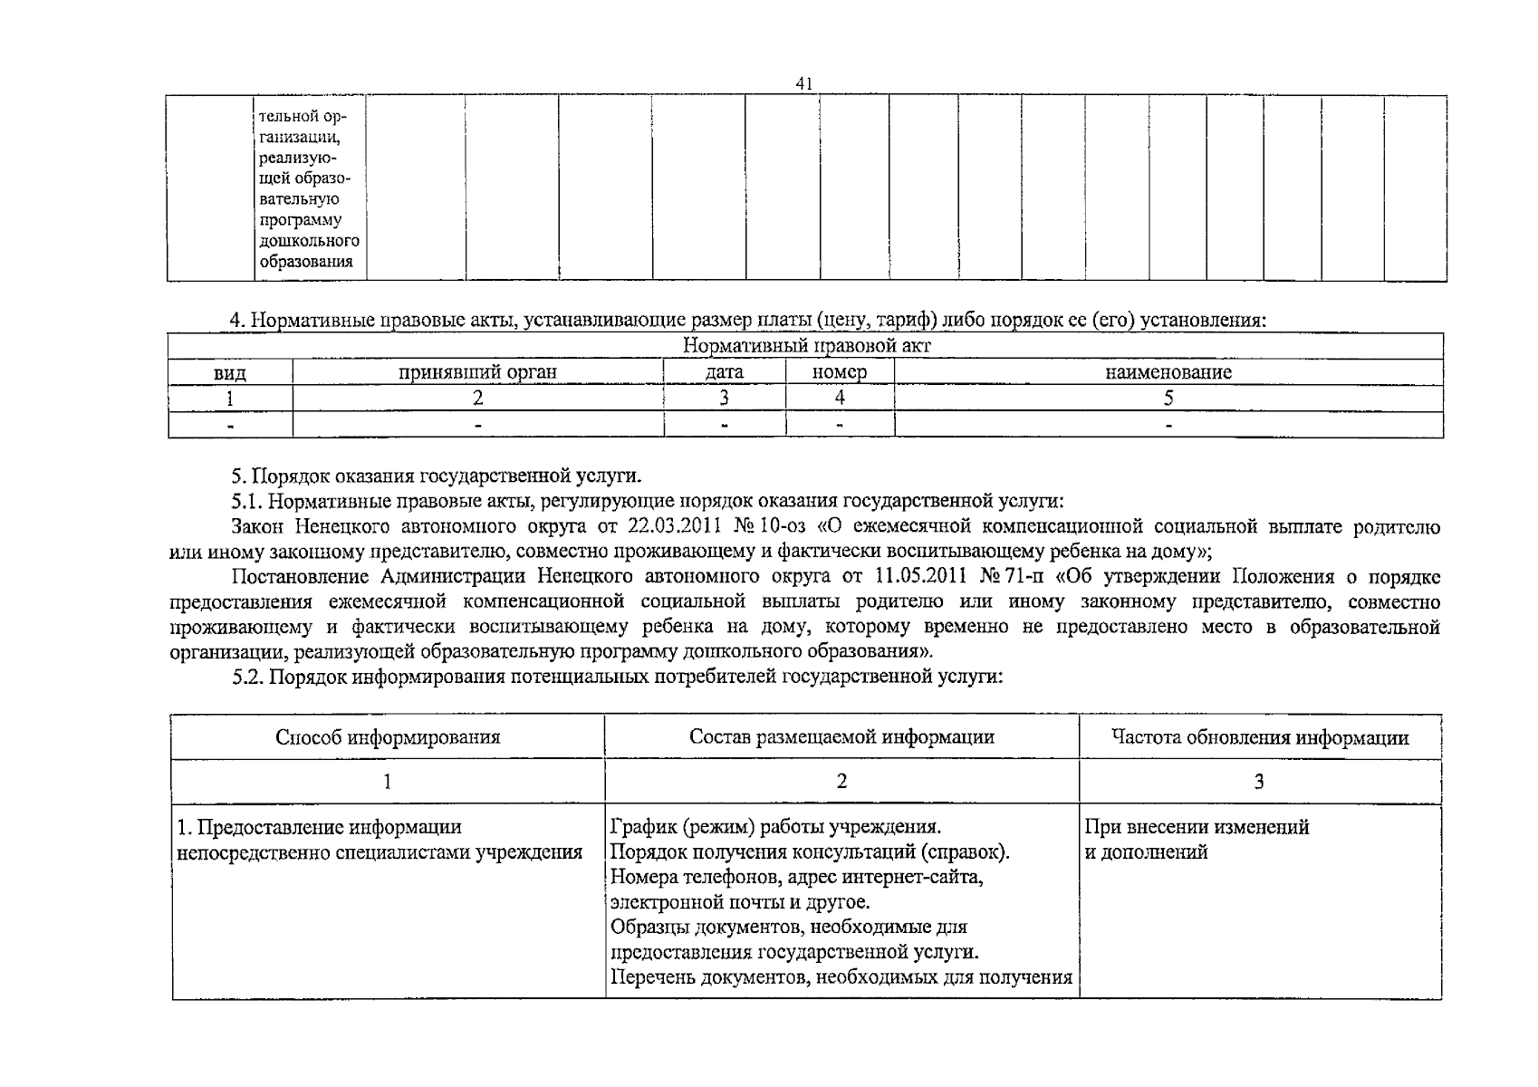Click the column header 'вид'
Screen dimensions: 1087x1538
[x=229, y=373]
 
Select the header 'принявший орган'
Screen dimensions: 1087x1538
[x=477, y=372]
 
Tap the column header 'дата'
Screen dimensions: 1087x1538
[x=725, y=372]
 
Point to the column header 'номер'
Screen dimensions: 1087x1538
[x=840, y=372]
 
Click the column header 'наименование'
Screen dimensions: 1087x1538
[x=1168, y=372]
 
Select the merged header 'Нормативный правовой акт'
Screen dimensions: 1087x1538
[x=806, y=346]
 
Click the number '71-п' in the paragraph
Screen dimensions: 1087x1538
[x=1018, y=577]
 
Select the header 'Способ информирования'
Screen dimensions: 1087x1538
[x=388, y=736]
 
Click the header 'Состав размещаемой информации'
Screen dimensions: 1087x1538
[x=841, y=736]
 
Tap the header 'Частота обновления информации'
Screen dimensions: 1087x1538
[x=1260, y=737]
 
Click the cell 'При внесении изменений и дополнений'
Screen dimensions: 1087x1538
[x=1196, y=839]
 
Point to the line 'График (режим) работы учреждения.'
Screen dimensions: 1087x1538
[x=776, y=826]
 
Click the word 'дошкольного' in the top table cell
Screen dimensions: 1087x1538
[x=309, y=241]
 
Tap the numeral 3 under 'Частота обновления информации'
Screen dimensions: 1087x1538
[x=1259, y=782]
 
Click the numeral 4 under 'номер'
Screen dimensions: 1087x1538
[x=840, y=398]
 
